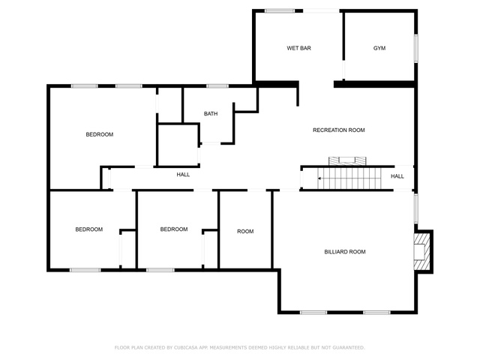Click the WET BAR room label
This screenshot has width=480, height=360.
click(x=298, y=48)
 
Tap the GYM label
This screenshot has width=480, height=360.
click(x=379, y=48)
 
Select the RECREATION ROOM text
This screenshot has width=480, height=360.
click(x=338, y=130)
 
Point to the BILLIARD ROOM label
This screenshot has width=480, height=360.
click(x=345, y=252)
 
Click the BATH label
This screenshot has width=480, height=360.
click(x=211, y=113)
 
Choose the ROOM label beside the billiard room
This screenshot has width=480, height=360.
click(x=245, y=232)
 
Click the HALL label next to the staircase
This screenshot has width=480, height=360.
click(x=397, y=176)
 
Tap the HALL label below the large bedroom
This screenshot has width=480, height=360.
click(x=183, y=175)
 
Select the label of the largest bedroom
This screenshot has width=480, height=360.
click(x=100, y=134)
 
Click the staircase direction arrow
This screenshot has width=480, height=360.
click(x=320, y=178)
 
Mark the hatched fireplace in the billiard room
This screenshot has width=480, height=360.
click(x=423, y=252)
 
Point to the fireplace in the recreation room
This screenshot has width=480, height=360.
click(x=347, y=161)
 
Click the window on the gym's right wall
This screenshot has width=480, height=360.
click(x=416, y=48)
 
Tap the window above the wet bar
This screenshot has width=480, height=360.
click(x=280, y=11)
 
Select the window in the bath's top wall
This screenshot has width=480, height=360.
click(x=217, y=86)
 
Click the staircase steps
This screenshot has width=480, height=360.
click(x=349, y=178)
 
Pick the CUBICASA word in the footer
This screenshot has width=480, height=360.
click(x=186, y=347)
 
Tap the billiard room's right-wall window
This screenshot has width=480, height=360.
click(x=416, y=208)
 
